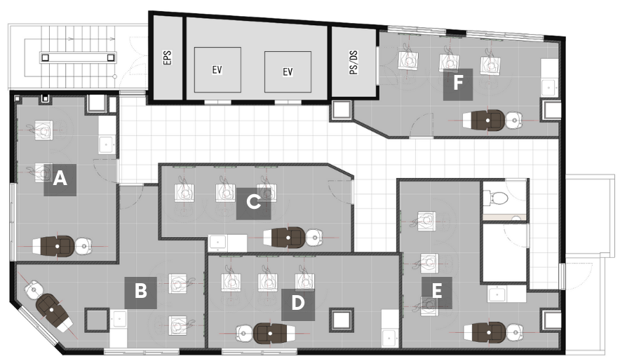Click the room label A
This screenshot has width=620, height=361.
tap(60, 179)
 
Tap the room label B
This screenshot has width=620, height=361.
tap(141, 292)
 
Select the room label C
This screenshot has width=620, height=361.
tap(253, 203)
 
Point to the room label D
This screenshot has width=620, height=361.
tap(298, 304)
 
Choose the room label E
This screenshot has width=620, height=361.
tap(437, 292)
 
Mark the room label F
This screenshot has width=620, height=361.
tap(458, 85)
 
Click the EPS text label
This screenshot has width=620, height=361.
tap(168, 57)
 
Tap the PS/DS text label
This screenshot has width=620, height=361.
tap(354, 62)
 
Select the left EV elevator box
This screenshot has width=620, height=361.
tap(217, 69)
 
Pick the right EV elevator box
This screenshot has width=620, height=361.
tap(288, 71)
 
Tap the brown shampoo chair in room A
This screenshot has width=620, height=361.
tap(54, 246)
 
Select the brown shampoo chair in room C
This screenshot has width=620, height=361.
tap(285, 237)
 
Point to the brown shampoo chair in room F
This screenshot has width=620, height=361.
tap(484, 119)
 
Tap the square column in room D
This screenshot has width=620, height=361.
tap(342, 320)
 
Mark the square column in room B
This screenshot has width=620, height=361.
tap(97, 320)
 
